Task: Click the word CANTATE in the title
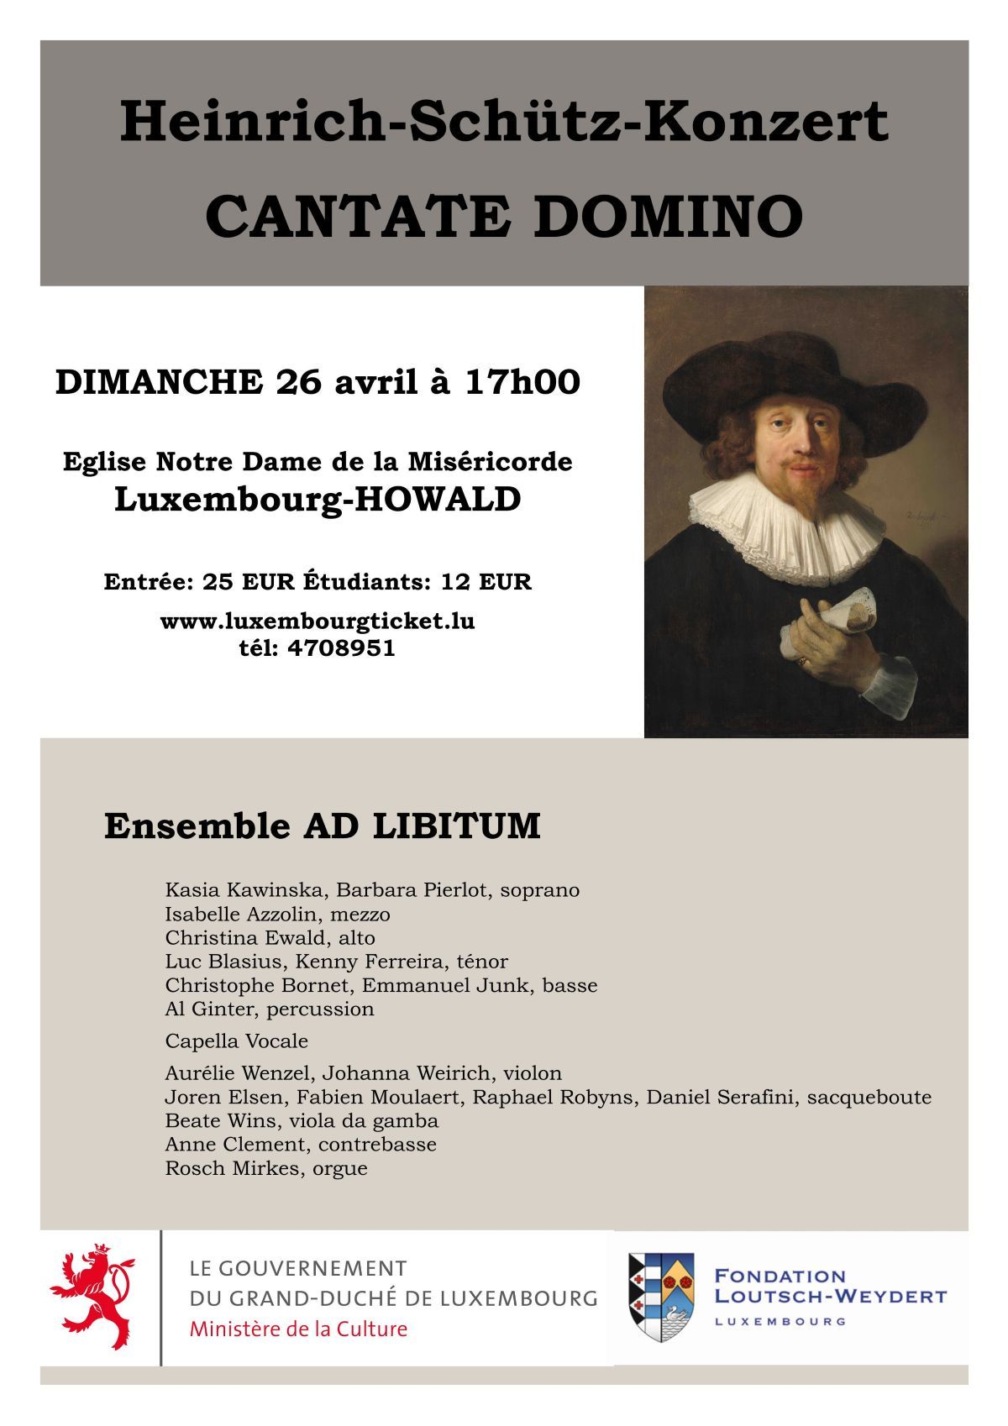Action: (357, 217)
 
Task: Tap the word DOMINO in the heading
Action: (668, 217)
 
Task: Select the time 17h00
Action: (522, 382)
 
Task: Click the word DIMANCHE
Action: (159, 382)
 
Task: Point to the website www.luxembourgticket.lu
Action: (318, 621)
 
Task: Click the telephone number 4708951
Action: (340, 648)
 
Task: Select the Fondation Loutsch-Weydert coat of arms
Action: (661, 1298)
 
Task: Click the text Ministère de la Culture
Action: (298, 1329)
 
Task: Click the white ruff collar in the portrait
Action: (785, 525)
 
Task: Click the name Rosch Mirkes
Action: (231, 1168)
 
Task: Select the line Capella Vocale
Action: (237, 1041)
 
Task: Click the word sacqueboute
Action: (869, 1097)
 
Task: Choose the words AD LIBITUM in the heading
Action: (422, 826)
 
